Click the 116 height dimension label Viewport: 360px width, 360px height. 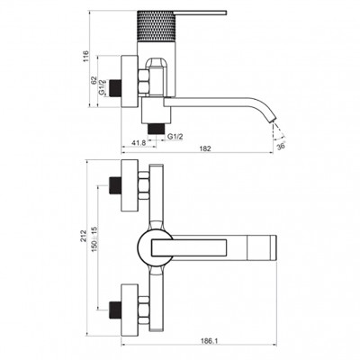click(x=86, y=57)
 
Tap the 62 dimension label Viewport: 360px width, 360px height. click(x=94, y=80)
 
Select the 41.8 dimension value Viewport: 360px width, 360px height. click(x=139, y=143)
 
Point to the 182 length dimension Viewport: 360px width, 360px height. click(x=205, y=148)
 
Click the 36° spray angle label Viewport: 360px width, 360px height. click(x=281, y=146)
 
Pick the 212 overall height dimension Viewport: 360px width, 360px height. click(x=84, y=236)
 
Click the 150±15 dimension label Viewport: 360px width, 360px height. click(x=94, y=239)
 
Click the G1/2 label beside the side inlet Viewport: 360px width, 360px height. click(x=103, y=87)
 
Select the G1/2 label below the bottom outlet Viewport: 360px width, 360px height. click(x=175, y=137)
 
